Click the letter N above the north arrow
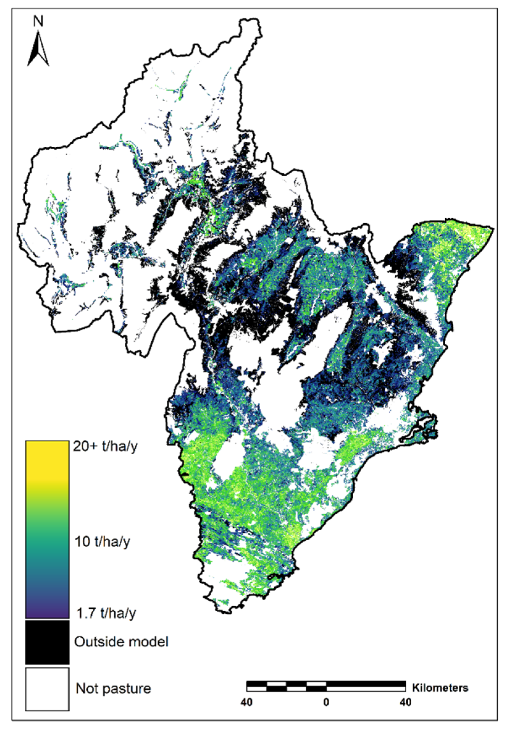point(38,22)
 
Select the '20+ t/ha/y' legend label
point(105,447)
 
